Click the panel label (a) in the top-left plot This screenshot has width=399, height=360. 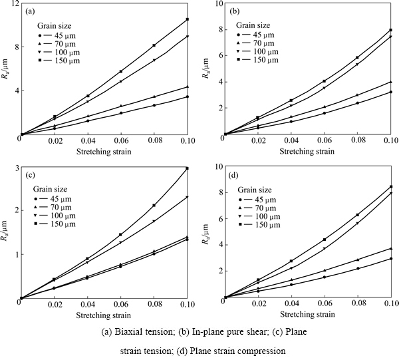[x=31, y=12]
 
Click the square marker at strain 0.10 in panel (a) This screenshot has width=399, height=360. [x=188, y=19]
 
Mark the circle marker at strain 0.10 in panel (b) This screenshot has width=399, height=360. [x=390, y=92]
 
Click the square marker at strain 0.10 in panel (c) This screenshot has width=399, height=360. [x=188, y=168]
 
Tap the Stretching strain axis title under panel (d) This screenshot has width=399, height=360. [x=307, y=315]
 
